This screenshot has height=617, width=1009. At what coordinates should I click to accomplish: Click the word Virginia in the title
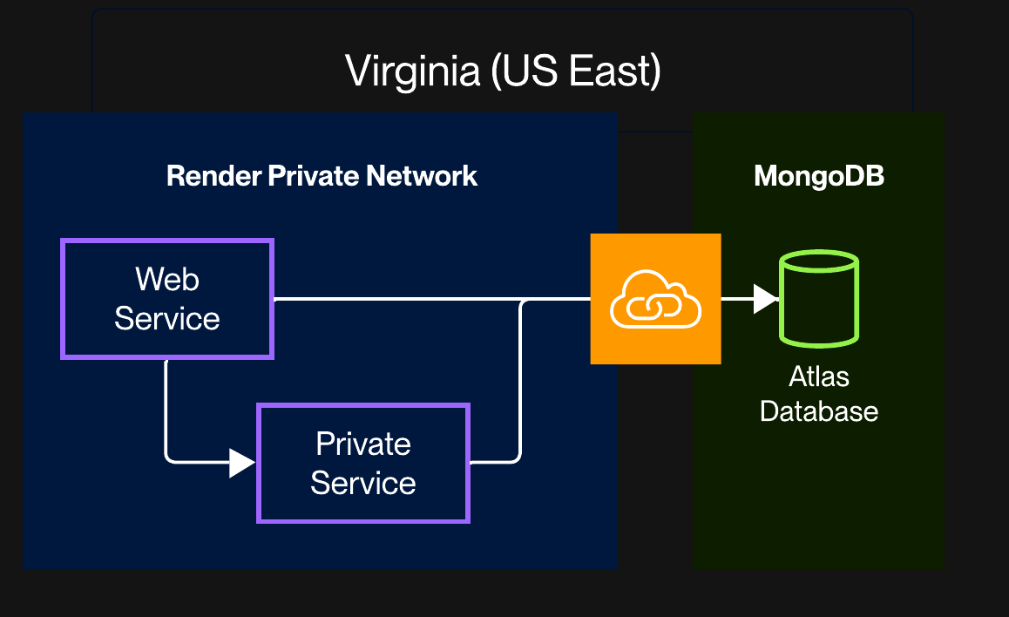pyautogui.click(x=412, y=71)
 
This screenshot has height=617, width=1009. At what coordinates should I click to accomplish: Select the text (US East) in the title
pyautogui.click(x=574, y=71)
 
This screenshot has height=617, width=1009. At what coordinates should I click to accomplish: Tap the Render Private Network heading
pyautogui.click(x=322, y=176)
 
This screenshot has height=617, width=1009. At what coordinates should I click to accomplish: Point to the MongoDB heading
pyautogui.click(x=818, y=176)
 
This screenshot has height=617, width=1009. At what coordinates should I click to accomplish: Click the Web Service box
pyautogui.click(x=167, y=299)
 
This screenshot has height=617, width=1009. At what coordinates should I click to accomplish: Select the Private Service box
pyautogui.click(x=363, y=463)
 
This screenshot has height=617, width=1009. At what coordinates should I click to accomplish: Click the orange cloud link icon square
pyautogui.click(x=655, y=298)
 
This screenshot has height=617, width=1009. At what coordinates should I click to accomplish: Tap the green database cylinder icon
pyautogui.click(x=819, y=299)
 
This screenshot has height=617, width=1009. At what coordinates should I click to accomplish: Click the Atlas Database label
pyautogui.click(x=819, y=394)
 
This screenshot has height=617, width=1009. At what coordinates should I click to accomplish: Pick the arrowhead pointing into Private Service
pyautogui.click(x=241, y=463)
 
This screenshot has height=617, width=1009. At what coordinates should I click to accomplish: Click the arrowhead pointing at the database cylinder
pyautogui.click(x=764, y=299)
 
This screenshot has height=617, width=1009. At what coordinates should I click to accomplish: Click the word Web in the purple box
pyautogui.click(x=167, y=280)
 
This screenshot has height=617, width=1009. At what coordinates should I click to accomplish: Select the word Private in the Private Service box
pyautogui.click(x=363, y=444)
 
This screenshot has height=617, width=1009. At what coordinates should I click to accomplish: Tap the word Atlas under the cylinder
pyautogui.click(x=819, y=376)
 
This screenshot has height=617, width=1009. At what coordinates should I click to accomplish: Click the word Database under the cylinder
pyautogui.click(x=819, y=411)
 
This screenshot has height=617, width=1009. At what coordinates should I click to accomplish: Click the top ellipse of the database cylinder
pyautogui.click(x=819, y=261)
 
